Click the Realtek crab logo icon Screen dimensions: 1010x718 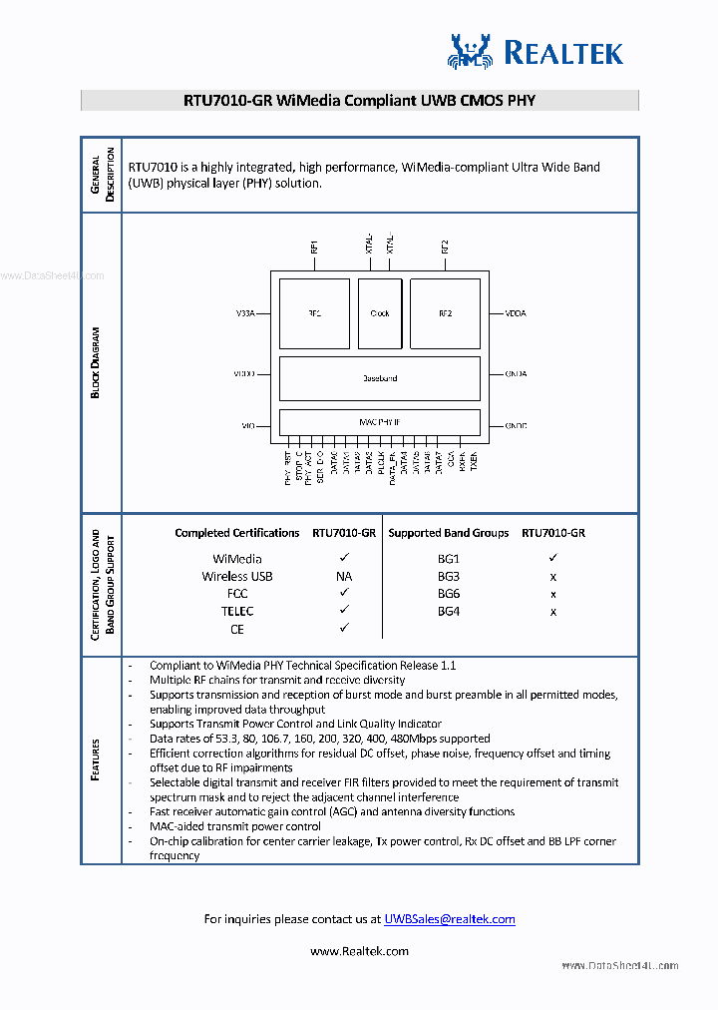(x=471, y=51)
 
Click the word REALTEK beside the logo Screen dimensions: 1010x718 (x=563, y=53)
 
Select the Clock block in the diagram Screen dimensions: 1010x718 (x=380, y=313)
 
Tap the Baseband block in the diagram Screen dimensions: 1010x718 (x=379, y=378)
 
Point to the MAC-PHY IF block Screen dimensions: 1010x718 (x=379, y=422)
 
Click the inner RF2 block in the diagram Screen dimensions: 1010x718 (x=445, y=313)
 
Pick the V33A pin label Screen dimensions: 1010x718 (x=245, y=313)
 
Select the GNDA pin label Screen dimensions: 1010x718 (x=516, y=374)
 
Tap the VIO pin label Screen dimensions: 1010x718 (x=248, y=426)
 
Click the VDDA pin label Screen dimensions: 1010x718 (x=516, y=313)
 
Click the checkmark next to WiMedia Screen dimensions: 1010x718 (x=344, y=559)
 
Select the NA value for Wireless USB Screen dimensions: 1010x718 (x=344, y=576)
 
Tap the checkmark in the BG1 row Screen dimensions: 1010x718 (x=553, y=559)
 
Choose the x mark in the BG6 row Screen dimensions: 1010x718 (x=553, y=594)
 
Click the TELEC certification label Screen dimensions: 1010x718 (x=237, y=611)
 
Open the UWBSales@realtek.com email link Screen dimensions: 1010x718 (x=450, y=919)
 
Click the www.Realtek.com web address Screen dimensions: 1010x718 (x=359, y=951)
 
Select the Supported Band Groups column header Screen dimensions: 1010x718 (x=449, y=533)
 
